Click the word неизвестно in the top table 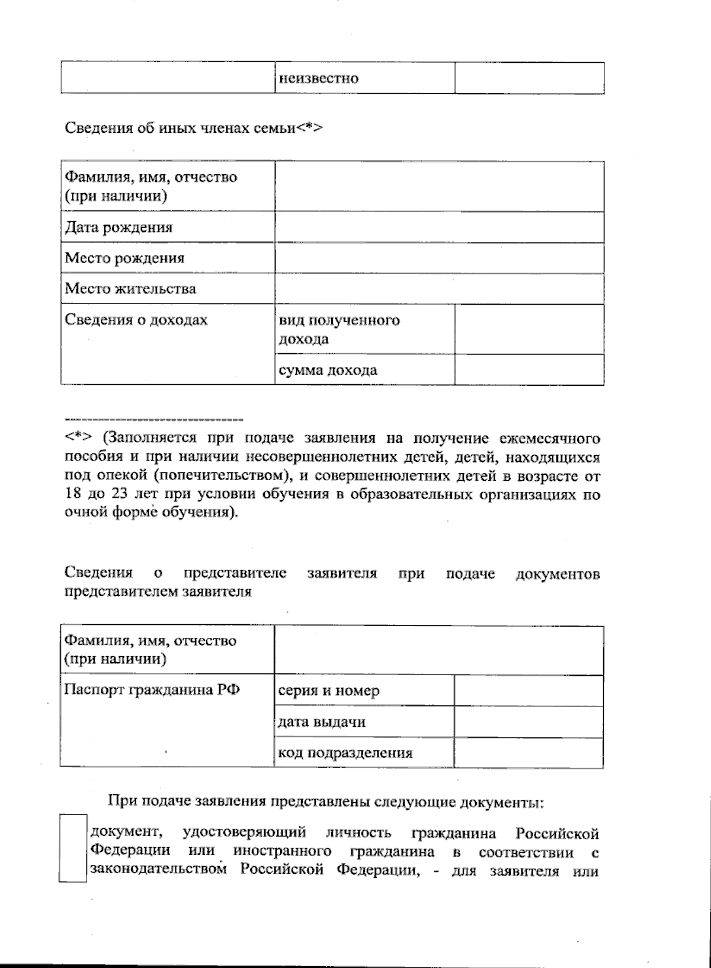point(319,78)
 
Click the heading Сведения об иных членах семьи point(193,128)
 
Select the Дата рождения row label point(118,228)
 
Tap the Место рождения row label point(124,258)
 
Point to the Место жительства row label point(130,289)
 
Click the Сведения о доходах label point(136,320)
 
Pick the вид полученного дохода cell point(339,330)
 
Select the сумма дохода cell point(328,370)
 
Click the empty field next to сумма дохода point(529,370)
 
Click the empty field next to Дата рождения point(439,228)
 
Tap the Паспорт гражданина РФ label point(152,691)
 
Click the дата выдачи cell point(321,722)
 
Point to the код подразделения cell point(345,753)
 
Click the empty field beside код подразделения point(529,753)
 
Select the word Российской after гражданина point(556,833)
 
